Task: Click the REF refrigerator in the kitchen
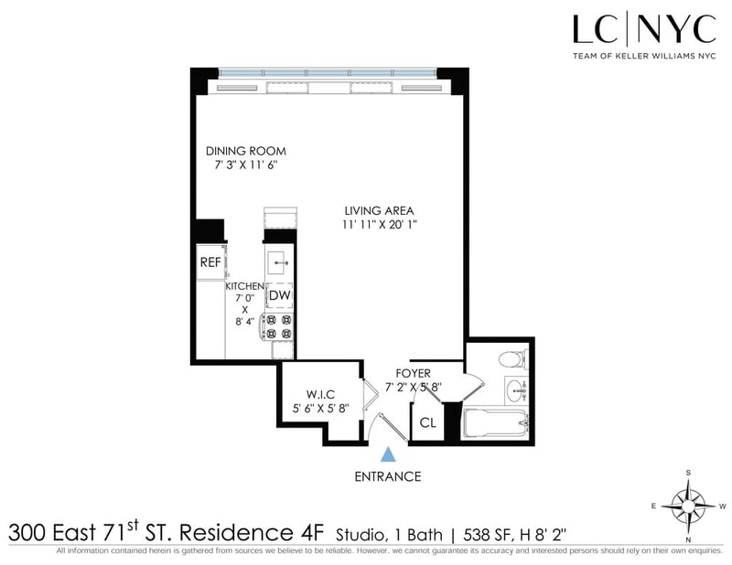[211, 261]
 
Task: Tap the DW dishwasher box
[280, 295]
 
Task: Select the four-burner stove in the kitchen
[277, 326]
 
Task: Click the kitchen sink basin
[279, 262]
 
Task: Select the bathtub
[495, 423]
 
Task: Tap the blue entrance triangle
[388, 454]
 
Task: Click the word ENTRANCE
[388, 476]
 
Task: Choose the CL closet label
[427, 422]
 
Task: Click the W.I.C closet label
[320, 394]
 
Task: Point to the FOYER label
[414, 373]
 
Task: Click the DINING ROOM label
[246, 151]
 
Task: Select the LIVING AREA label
[379, 211]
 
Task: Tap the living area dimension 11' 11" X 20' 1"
[379, 225]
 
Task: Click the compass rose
[688, 506]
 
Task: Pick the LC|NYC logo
[645, 37]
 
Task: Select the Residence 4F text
[251, 532]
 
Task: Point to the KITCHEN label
[244, 286]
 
